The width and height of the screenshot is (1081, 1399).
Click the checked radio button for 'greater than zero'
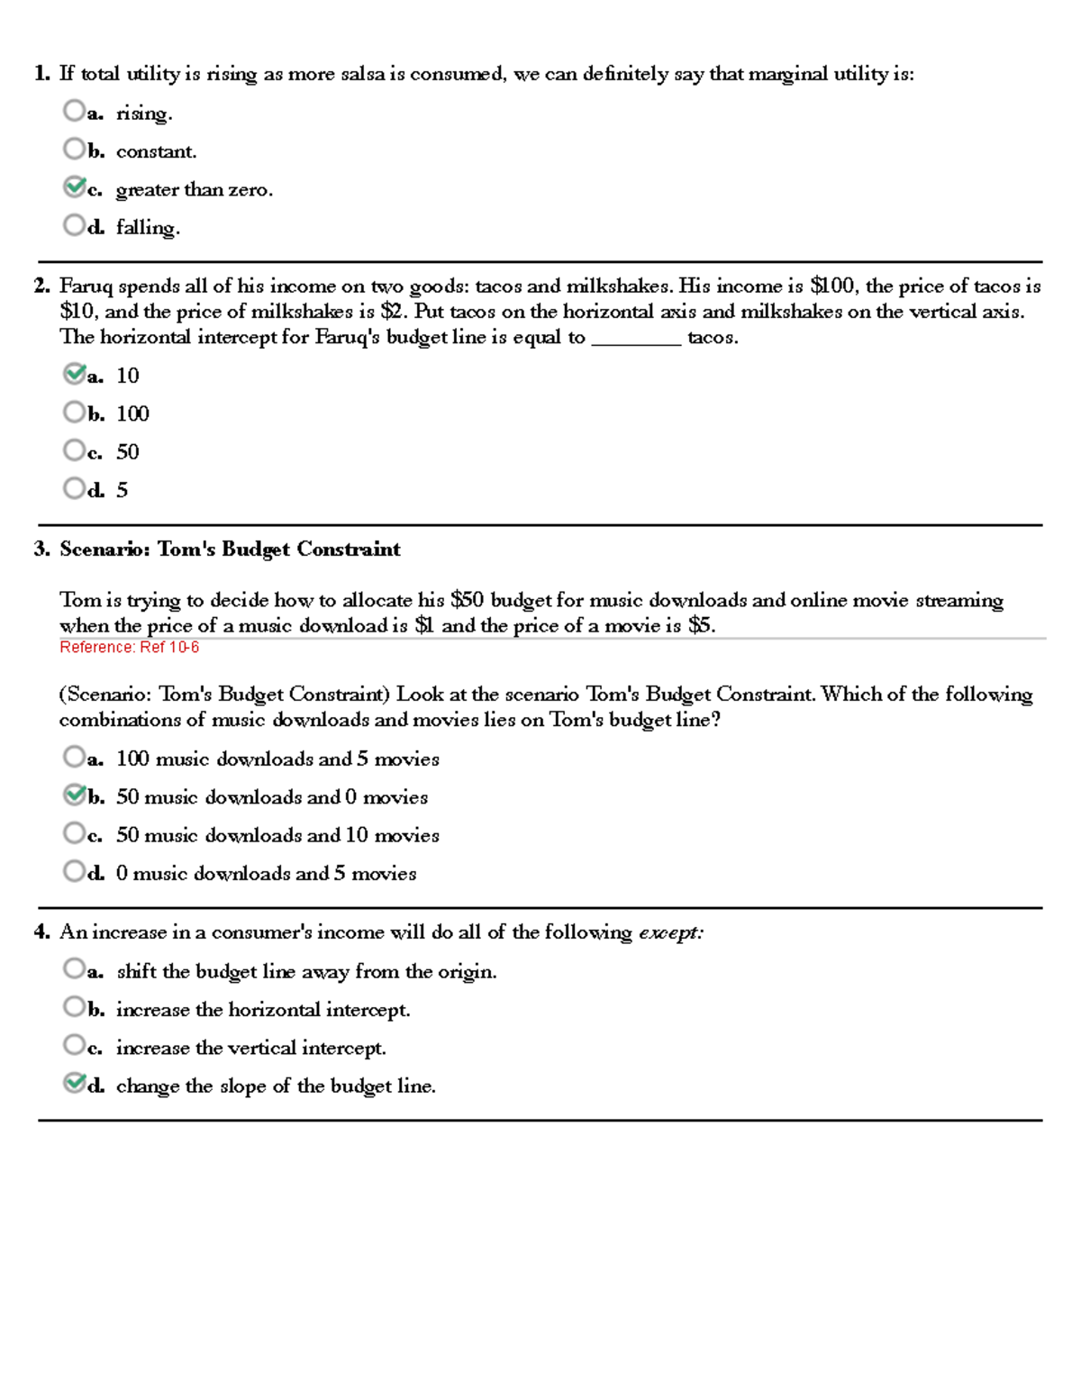[74, 187]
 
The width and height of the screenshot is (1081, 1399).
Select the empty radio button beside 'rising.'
[74, 111]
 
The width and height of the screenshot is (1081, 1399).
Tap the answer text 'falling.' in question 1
[148, 228]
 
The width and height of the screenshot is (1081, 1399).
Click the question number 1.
[41, 74]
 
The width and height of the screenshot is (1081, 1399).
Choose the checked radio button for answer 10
[74, 374]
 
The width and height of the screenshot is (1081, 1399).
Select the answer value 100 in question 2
[132, 414]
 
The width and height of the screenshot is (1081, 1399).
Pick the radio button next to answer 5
[74, 488]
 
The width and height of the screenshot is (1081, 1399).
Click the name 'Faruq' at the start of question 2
[86, 286]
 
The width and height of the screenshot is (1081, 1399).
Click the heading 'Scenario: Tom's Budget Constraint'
[230, 550]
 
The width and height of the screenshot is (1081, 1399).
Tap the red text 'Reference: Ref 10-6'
[129, 648]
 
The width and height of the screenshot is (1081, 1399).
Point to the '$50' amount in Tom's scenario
[467, 601]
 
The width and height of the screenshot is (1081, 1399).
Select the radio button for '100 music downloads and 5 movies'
[74, 757]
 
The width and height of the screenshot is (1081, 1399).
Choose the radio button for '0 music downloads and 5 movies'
[74, 871]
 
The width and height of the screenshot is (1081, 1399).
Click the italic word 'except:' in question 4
[671, 933]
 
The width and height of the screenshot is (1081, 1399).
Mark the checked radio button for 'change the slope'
[74, 1084]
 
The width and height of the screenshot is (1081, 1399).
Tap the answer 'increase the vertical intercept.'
[250, 1049]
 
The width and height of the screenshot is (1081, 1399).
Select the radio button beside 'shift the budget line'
[74, 969]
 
